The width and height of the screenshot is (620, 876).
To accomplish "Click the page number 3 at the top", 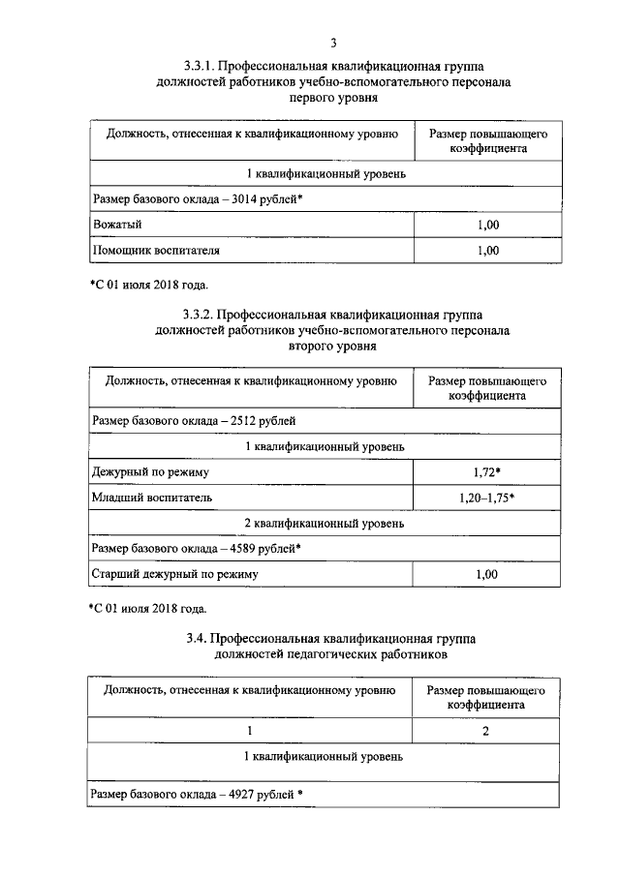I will [x=332, y=42].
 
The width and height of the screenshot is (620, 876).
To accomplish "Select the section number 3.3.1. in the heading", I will [x=200, y=67].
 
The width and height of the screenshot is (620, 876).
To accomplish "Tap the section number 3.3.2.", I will [x=200, y=315].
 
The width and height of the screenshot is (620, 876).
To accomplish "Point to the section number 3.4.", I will [x=197, y=640].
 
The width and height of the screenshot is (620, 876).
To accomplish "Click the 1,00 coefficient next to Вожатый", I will [x=487, y=225].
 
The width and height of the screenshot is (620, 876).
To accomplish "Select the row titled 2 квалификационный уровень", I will [x=325, y=523].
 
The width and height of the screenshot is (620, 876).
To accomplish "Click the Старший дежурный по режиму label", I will [x=175, y=574].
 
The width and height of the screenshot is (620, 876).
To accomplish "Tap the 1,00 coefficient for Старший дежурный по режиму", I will [x=487, y=574].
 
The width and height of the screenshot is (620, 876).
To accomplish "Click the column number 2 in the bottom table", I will [x=487, y=730].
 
